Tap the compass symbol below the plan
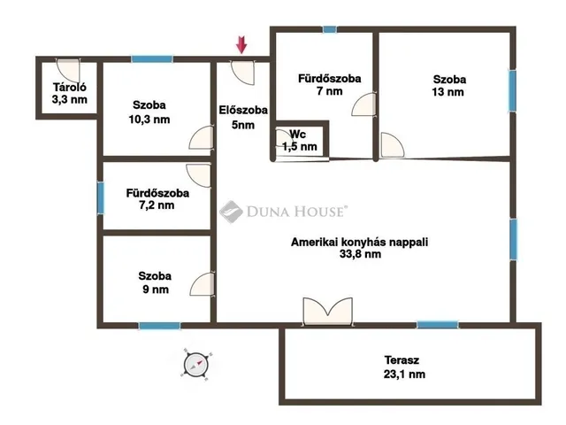(x=195, y=363)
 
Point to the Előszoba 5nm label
(x=237, y=117)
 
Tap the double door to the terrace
(x=327, y=312)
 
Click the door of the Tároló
(x=67, y=69)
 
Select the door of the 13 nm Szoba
(x=391, y=144)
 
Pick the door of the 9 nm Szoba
(x=203, y=283)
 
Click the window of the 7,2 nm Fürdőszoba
(x=100, y=197)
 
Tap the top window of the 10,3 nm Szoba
(x=151, y=59)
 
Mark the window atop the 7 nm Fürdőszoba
(x=330, y=29)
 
